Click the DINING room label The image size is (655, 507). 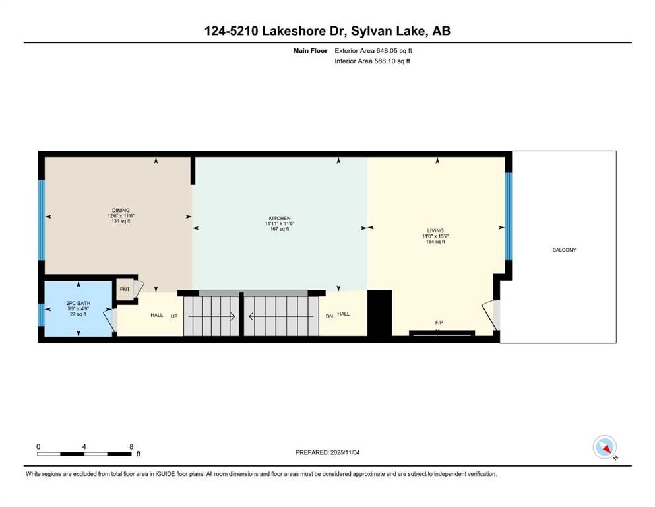point(121,210)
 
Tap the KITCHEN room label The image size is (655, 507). point(280,218)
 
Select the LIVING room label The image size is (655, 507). point(435,230)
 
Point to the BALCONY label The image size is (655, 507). point(564,250)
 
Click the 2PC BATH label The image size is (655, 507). point(78,303)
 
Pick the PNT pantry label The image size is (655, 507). point(125,289)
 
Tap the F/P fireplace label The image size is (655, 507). point(439,323)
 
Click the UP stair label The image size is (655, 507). point(174,316)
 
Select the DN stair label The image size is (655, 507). point(329,316)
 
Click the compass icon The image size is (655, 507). point(605,447)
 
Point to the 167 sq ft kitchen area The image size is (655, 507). point(280,229)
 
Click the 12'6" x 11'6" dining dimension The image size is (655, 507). point(121,216)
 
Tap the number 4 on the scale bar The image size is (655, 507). point(84,446)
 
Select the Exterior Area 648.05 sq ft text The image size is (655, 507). point(373,51)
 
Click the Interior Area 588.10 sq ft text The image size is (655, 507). point(372,61)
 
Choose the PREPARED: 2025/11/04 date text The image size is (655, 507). point(327,452)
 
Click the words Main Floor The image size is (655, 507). point(310,51)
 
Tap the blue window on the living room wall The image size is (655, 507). point(509,216)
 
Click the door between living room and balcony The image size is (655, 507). point(491,314)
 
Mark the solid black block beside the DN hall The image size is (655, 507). point(380,313)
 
